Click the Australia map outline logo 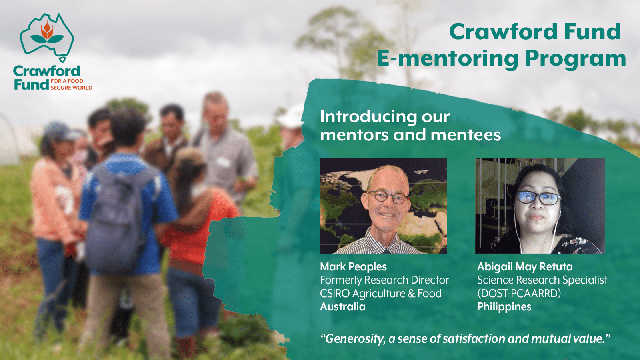point(47,37)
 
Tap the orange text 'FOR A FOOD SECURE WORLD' point(71,84)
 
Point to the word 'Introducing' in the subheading point(368,117)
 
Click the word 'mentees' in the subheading point(466,135)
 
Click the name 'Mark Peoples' point(353,267)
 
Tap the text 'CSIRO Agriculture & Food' point(381,294)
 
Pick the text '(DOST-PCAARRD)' point(519,294)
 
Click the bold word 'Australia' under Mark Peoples point(343,307)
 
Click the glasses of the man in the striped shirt point(388,197)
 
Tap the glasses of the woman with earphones point(538,198)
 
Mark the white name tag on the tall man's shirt point(223,162)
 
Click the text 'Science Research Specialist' point(542,280)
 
